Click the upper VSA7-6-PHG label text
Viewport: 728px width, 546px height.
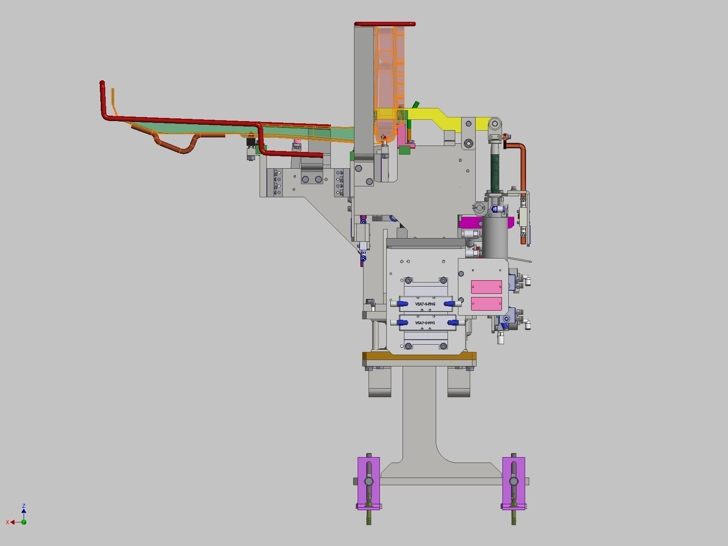(x=425, y=304)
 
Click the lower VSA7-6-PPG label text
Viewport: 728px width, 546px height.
(x=425, y=323)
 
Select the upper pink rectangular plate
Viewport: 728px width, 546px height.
(x=486, y=287)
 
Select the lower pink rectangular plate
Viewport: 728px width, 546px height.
(x=486, y=303)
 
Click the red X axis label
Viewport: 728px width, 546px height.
(x=7, y=522)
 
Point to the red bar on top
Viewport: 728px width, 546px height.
(x=385, y=24)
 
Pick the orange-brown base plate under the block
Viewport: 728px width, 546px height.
(x=418, y=356)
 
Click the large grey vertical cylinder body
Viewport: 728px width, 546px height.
(x=495, y=238)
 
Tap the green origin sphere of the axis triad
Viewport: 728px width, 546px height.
(x=24, y=522)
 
